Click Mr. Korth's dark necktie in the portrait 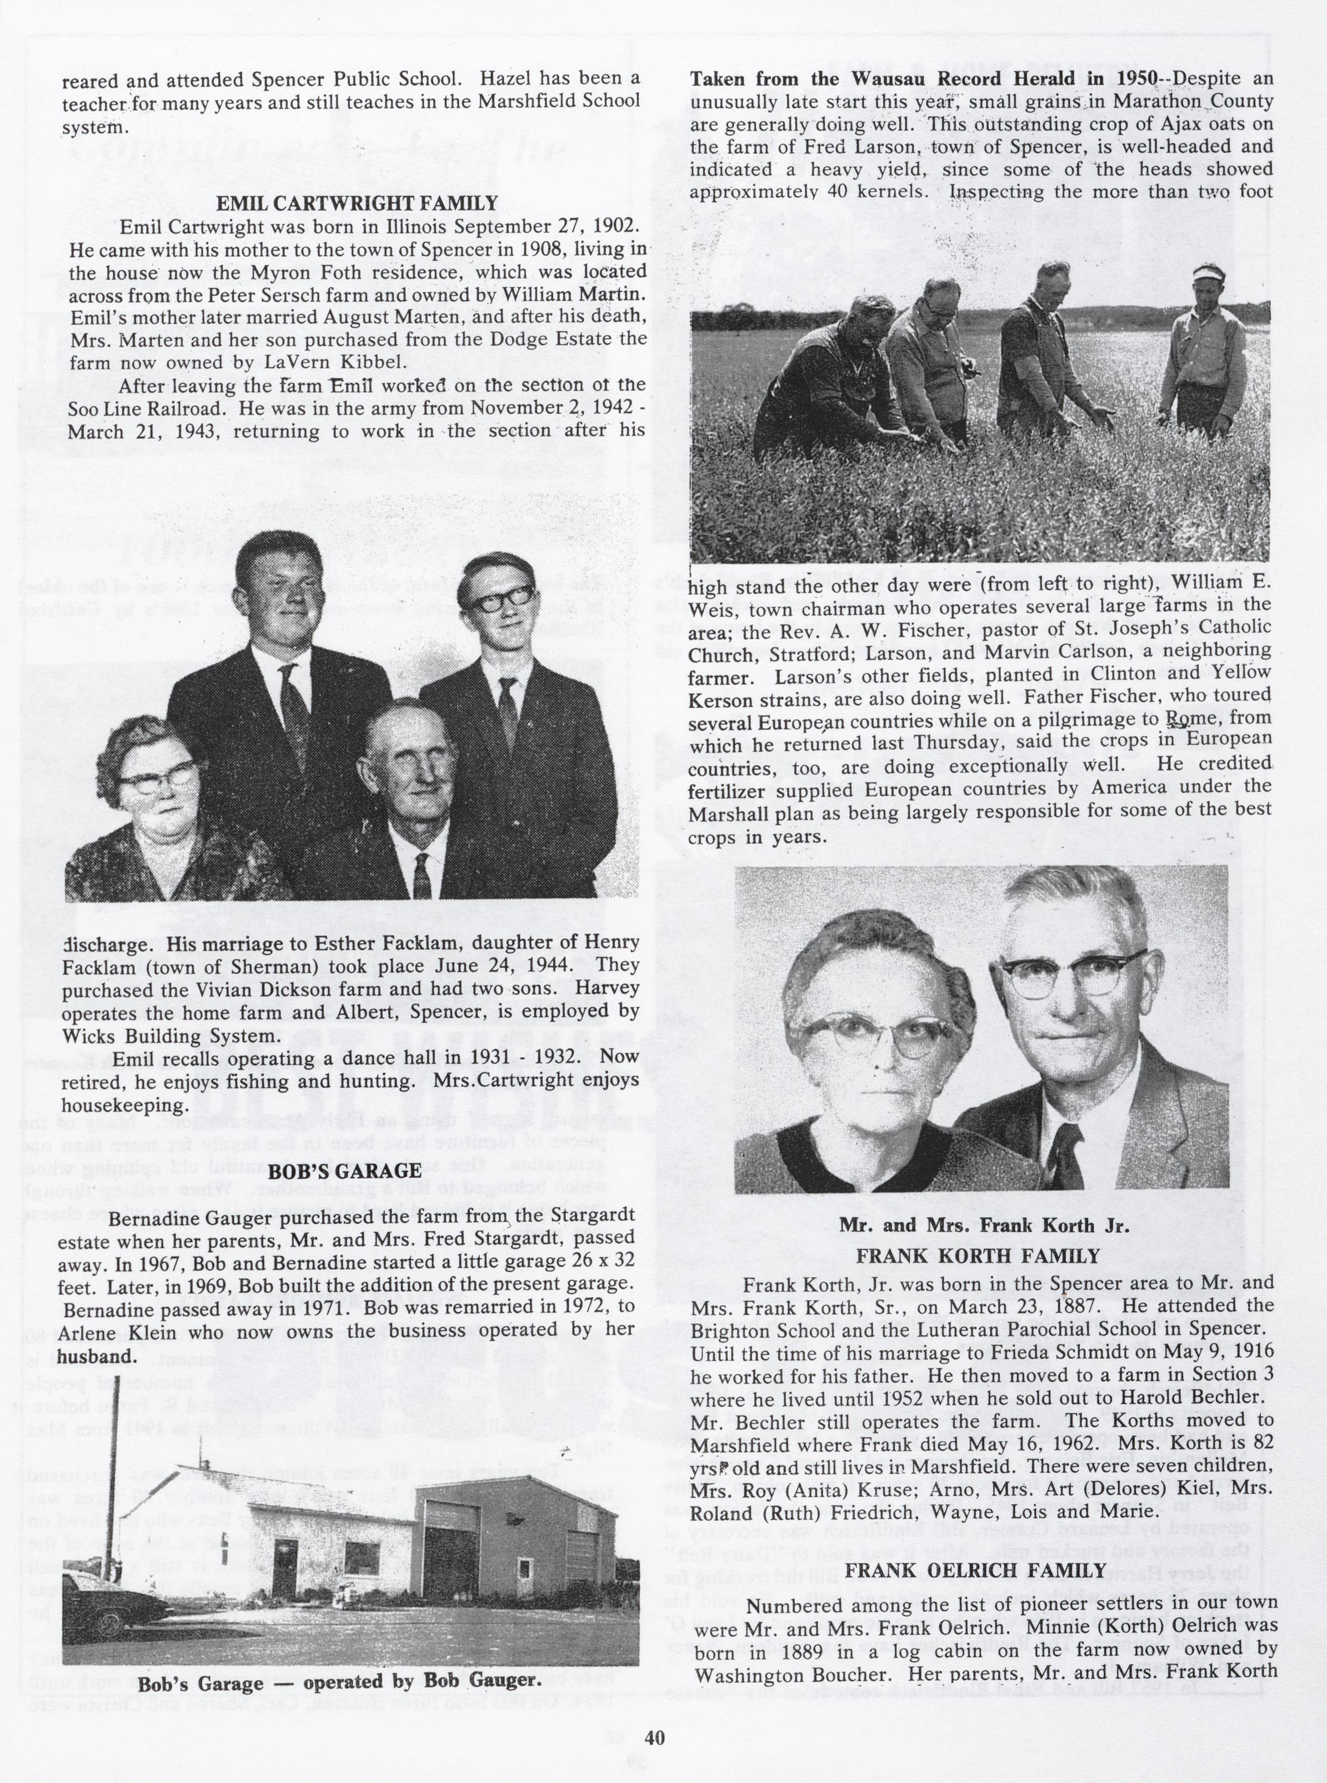tap(1066, 1151)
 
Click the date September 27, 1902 tap(553, 226)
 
